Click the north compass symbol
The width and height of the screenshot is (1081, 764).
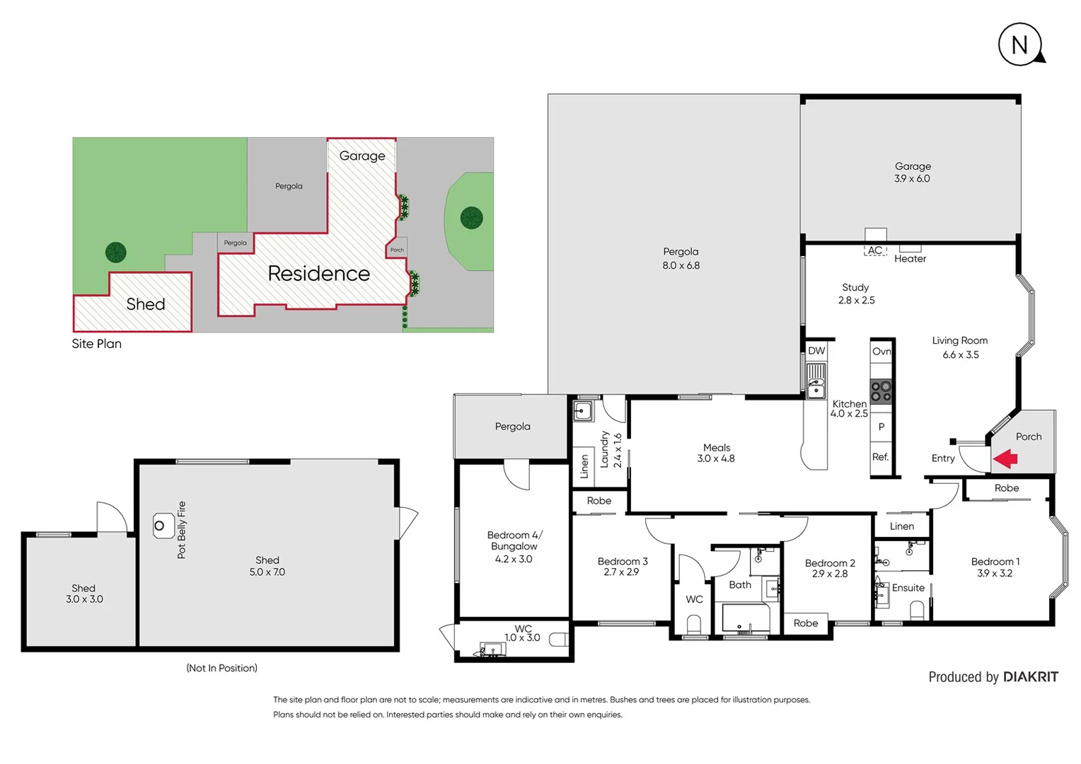1020,45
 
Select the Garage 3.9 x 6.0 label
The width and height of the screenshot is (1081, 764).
912,173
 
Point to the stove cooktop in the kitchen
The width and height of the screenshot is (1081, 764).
881,391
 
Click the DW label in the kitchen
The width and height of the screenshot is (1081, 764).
816,351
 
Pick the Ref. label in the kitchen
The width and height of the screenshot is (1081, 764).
880,457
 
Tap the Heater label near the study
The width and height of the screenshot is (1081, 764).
910,259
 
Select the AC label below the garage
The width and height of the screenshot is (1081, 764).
875,250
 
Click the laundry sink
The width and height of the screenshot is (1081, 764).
583,410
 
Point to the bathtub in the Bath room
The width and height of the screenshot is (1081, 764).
746,619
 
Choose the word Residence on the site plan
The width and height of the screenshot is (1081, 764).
318,274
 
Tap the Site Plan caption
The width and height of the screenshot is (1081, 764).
96,344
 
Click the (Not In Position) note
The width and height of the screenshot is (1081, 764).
221,668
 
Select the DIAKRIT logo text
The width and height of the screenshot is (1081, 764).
1031,677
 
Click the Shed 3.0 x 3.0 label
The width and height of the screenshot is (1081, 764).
84,594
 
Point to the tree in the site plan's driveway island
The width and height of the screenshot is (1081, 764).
471,218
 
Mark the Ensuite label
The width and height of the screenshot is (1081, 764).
908,588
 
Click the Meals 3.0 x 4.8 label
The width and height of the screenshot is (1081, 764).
716,453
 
